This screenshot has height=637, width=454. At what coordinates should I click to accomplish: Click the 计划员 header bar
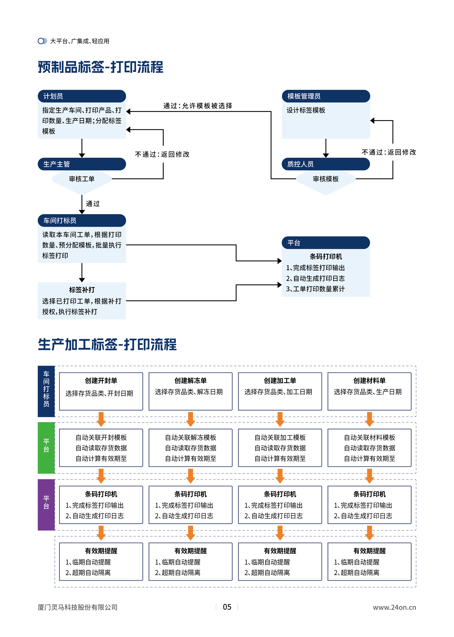point(82,96)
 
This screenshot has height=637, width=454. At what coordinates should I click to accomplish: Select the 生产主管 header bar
point(82,164)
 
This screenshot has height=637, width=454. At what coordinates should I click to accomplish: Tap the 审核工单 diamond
point(82,179)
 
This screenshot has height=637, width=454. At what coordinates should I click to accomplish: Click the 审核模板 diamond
point(326,179)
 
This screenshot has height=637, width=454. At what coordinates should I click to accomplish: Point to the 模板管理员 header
point(326,96)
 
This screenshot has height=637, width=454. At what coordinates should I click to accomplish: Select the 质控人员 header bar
point(326,164)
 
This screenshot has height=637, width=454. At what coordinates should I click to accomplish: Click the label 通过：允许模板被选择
point(198,106)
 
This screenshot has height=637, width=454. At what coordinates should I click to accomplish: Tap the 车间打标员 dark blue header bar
point(82,221)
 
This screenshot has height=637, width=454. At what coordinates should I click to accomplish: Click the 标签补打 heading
point(82,290)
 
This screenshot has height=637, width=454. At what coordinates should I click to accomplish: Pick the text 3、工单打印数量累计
point(315,289)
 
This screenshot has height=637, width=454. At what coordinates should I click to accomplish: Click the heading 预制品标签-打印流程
point(101,67)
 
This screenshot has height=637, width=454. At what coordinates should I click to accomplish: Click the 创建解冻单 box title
point(190,381)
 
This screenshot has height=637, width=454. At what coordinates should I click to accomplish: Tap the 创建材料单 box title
point(369,381)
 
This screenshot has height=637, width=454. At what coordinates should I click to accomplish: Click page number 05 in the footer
point(227,607)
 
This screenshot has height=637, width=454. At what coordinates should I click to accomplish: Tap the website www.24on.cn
point(394,607)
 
